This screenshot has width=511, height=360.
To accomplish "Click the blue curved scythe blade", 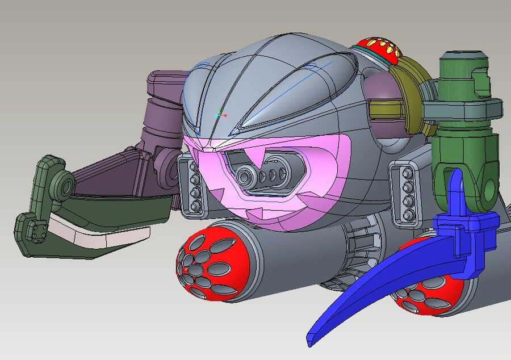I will coord(363,295).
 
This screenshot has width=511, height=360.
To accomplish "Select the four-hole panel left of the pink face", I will coord(190,185).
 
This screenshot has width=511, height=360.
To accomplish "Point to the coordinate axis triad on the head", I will coord(220,114).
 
